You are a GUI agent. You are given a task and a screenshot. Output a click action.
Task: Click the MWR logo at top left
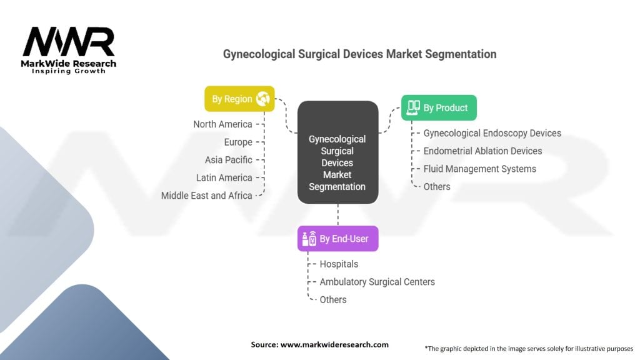point(69,44)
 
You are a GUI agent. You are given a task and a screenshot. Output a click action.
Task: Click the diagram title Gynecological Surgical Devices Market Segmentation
point(359,54)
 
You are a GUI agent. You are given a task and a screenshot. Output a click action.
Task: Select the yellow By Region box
point(239,99)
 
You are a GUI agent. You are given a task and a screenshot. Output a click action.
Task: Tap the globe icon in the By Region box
point(262,99)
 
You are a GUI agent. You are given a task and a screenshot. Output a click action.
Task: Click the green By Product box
point(438,107)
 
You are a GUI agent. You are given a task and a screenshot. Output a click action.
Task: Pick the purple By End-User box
point(337,239)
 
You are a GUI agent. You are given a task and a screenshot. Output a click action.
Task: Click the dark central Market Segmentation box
point(337,152)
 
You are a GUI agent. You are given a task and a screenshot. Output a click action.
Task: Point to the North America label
point(222,124)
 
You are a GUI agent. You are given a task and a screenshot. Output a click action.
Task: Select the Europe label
point(238,142)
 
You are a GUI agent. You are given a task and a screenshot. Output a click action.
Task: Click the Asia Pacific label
point(228,160)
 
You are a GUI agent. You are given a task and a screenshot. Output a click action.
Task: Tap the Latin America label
point(224,177)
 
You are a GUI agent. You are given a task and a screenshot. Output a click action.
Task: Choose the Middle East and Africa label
point(206,196)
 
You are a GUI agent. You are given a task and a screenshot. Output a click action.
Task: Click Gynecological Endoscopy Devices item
point(492,133)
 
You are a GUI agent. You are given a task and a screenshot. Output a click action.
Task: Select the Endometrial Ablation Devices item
point(482,151)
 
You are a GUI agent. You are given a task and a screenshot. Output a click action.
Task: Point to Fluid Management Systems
point(479,169)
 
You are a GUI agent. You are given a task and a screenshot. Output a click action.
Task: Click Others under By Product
point(436,186)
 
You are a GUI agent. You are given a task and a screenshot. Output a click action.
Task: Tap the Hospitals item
point(339,264)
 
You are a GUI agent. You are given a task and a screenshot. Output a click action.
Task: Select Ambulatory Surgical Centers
point(377,282)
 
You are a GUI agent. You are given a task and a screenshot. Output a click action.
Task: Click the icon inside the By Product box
point(413,107)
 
